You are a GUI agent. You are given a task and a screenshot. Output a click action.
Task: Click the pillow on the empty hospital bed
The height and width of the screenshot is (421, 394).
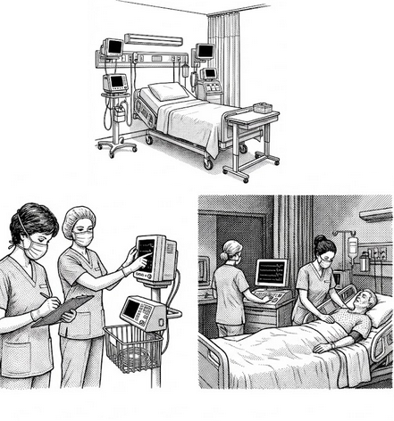pos(167,91)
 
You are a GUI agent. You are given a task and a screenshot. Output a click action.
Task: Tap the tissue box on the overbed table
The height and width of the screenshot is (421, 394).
pos(263,108)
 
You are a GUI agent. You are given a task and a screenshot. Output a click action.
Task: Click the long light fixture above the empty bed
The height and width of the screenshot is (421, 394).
pos(153,40)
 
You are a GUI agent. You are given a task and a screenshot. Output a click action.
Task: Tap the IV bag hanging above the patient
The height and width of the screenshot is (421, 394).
pos(353,245)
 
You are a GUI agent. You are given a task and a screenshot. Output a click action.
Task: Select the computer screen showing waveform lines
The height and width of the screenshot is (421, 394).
pos(271,272)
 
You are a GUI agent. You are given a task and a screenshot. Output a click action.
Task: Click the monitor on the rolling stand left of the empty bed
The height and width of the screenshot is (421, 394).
pos(115,83)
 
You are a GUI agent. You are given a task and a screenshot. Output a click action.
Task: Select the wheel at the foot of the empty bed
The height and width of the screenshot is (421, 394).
pos(208,163)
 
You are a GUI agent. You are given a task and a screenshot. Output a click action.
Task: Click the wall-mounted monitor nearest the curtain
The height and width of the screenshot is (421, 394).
pos(205,51)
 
